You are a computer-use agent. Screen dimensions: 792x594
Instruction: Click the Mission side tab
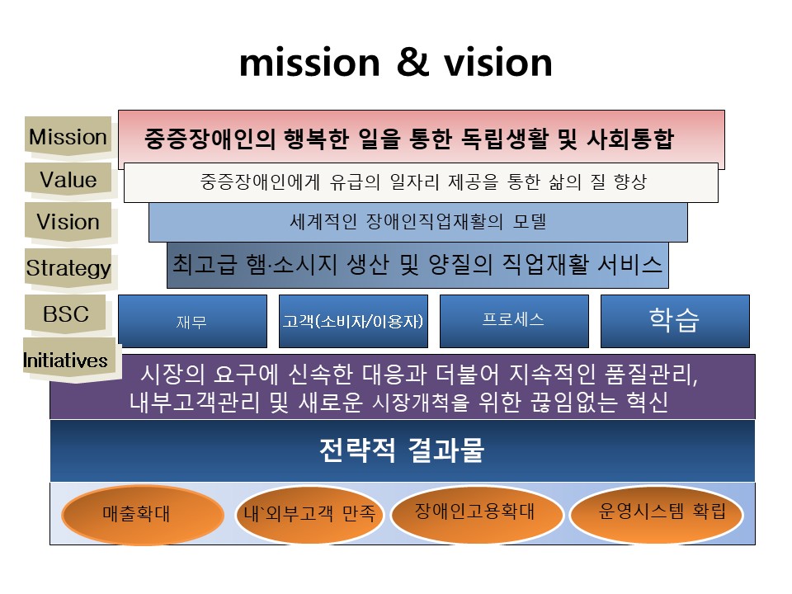(x=68, y=136)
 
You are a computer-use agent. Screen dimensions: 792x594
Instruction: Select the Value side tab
(x=68, y=179)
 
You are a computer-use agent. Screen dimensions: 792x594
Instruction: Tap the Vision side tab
(x=68, y=221)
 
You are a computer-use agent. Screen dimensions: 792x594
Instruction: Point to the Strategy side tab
(x=68, y=267)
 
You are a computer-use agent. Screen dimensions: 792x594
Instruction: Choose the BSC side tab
(x=66, y=313)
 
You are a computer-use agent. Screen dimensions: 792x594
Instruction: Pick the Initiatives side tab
(x=68, y=360)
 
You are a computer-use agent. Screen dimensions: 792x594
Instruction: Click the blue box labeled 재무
(x=192, y=321)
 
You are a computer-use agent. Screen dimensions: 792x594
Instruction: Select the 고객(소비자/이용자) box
(x=353, y=321)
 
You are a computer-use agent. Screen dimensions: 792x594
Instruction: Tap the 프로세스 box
(x=514, y=321)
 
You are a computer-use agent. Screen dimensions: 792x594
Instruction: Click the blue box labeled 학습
(x=675, y=321)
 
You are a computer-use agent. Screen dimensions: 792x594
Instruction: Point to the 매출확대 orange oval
(x=143, y=515)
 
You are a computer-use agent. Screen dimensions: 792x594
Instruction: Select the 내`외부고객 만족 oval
(x=309, y=514)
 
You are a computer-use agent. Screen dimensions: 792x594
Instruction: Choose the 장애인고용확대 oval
(x=477, y=513)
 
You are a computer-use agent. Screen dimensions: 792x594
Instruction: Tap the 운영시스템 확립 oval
(x=657, y=514)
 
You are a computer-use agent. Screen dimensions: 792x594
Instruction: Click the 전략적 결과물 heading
(x=402, y=450)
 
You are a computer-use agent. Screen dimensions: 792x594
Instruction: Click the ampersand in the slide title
(x=412, y=62)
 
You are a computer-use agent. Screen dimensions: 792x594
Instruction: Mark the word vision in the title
(x=498, y=63)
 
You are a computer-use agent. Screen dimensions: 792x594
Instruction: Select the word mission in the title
(x=309, y=63)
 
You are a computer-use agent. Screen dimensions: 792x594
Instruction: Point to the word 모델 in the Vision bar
(x=530, y=221)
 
